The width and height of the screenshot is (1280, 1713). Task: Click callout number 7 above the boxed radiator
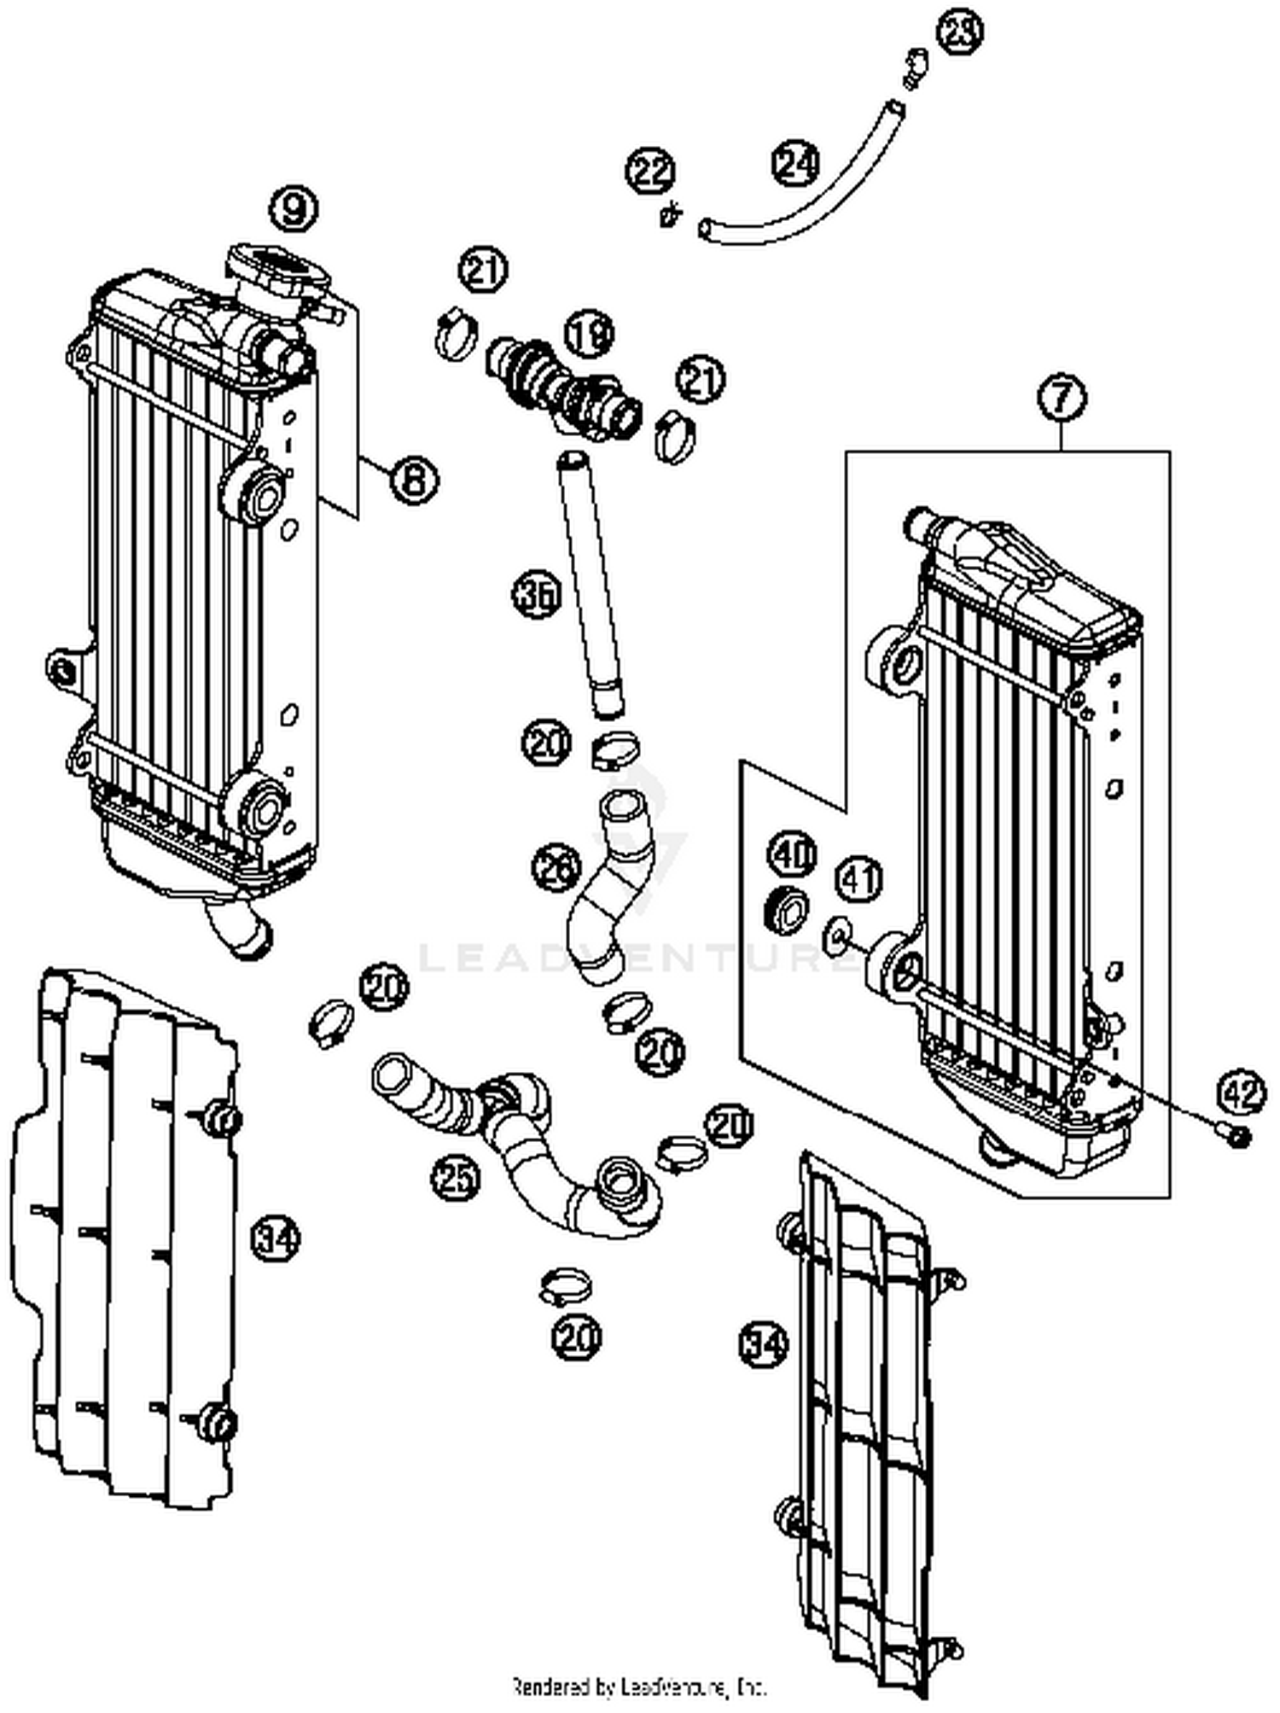coord(1062,398)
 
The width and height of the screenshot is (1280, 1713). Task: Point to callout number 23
coord(958,30)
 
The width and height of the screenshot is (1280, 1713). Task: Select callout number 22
coord(651,172)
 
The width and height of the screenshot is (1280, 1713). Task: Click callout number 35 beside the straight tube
coord(537,594)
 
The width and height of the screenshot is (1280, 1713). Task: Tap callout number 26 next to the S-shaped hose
coord(556,868)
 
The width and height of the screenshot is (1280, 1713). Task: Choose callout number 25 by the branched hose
coord(455,1179)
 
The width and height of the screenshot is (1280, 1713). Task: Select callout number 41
coord(858,879)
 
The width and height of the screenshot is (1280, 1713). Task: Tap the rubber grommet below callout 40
coord(786,910)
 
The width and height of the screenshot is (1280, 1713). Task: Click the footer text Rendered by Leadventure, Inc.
coord(639,1687)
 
